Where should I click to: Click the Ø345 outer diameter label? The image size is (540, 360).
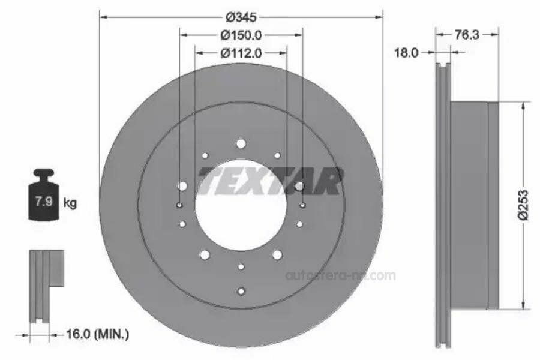(241, 17)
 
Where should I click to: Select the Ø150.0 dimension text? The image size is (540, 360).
(241, 35)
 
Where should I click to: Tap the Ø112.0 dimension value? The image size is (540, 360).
(241, 53)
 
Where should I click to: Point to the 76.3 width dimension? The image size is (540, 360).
(467, 34)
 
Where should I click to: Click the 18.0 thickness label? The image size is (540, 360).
(406, 53)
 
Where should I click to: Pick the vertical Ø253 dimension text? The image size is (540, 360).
(523, 205)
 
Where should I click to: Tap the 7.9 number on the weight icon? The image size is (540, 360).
(44, 201)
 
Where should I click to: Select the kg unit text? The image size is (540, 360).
(70, 203)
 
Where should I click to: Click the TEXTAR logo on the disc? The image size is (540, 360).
(271, 181)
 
